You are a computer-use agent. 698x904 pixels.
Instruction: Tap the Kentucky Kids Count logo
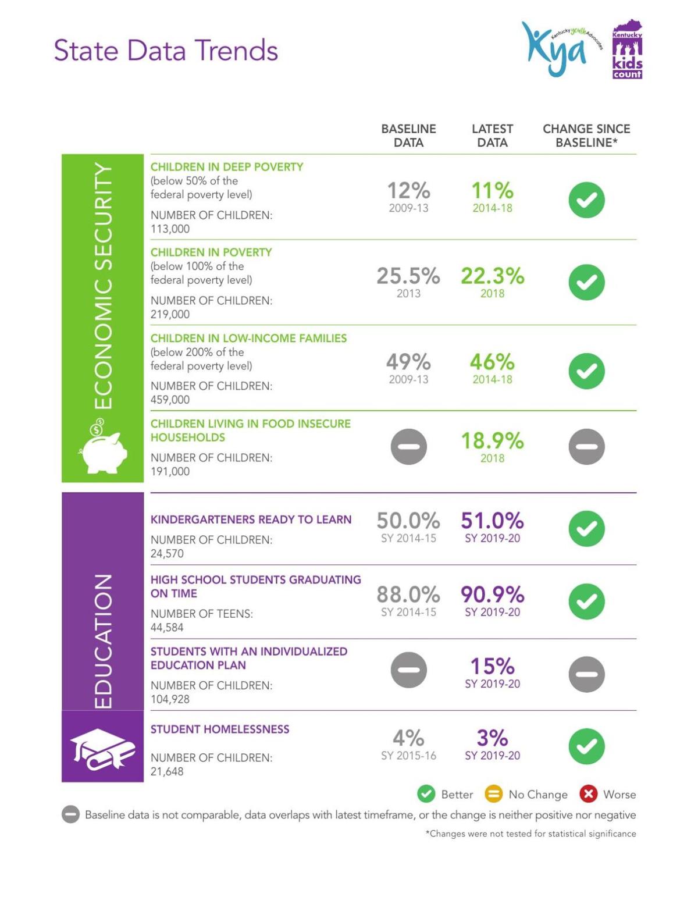(x=627, y=51)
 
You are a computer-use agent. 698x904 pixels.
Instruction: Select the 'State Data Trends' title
(x=166, y=51)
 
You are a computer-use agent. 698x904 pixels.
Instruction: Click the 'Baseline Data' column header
(x=408, y=136)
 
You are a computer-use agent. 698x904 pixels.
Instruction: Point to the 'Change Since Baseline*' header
(x=586, y=136)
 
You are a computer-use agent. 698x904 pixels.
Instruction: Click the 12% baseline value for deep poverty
(x=408, y=191)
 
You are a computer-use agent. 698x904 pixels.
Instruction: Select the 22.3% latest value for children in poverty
(x=492, y=276)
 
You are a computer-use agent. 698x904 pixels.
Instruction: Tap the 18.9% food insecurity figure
(x=492, y=441)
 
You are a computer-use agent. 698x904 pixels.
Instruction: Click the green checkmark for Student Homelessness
(x=586, y=746)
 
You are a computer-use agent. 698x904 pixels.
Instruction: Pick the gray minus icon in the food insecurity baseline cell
(x=408, y=447)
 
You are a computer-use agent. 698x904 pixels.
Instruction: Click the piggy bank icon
(x=104, y=450)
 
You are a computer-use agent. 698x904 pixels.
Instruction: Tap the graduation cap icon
(x=102, y=749)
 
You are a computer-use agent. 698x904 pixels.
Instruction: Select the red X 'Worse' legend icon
(x=588, y=794)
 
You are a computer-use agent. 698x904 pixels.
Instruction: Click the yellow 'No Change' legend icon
(x=493, y=794)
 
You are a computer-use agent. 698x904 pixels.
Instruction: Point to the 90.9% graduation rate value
(x=492, y=595)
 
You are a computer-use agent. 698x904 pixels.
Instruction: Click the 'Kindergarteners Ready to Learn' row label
(x=251, y=519)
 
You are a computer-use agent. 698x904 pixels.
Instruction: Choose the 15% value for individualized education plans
(x=492, y=666)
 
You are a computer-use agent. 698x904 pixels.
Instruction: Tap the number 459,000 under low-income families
(x=170, y=400)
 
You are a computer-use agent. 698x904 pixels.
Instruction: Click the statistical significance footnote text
(x=530, y=834)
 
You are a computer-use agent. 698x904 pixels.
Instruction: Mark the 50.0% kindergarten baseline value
(x=408, y=521)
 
